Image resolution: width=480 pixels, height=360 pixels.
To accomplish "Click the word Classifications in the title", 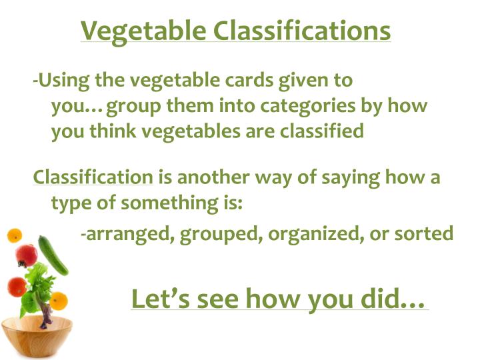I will coord(301,31).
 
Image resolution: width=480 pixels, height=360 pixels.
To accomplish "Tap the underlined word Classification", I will coord(93,178).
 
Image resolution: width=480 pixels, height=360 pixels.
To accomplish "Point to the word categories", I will coord(306,107).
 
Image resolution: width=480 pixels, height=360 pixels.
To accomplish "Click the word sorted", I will coord(427,235).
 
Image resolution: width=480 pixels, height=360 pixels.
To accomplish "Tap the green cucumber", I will coord(53,255).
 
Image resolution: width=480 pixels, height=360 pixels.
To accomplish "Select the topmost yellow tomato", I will coord(14,235).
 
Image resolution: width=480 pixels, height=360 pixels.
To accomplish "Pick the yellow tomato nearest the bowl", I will coord(59,300).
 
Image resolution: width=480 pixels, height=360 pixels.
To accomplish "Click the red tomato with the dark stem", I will coord(27,255).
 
